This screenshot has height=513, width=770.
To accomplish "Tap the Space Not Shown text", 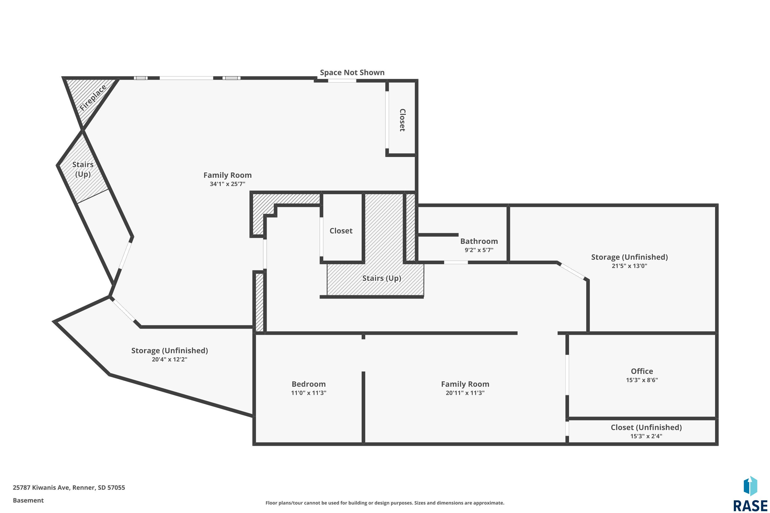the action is [x=352, y=72].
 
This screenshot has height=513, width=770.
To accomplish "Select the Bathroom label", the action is [x=479, y=241].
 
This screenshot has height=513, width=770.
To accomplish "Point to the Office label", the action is [x=642, y=371].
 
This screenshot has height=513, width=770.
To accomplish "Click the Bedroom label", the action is [x=309, y=384].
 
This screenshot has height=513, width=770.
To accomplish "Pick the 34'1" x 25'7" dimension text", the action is [x=227, y=184].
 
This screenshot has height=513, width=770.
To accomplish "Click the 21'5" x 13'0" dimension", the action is [x=630, y=266].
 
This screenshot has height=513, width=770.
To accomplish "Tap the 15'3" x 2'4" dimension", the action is [x=646, y=436].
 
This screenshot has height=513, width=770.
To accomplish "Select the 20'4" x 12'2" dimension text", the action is [x=170, y=359].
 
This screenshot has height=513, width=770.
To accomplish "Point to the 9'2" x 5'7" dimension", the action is [x=479, y=250].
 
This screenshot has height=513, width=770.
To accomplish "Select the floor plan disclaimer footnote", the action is [x=385, y=503].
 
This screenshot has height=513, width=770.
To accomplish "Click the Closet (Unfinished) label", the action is [x=646, y=427].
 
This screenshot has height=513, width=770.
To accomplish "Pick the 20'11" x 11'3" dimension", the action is [x=465, y=393].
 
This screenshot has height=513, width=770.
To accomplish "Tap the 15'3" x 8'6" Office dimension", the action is [x=642, y=380].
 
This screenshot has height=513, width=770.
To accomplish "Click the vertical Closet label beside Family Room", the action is [x=402, y=120].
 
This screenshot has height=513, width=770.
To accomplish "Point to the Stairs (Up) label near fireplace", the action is [x=83, y=169].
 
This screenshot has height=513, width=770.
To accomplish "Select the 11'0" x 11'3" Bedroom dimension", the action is [x=309, y=393].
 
